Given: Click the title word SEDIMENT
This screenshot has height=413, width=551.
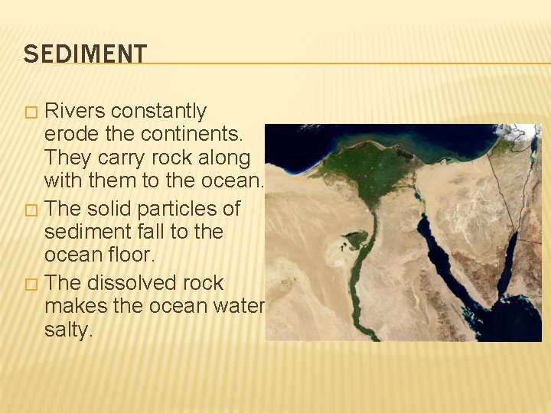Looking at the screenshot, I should pyautogui.click(x=85, y=54).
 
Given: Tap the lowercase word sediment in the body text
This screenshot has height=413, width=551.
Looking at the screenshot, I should pyautogui.click(x=90, y=231).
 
